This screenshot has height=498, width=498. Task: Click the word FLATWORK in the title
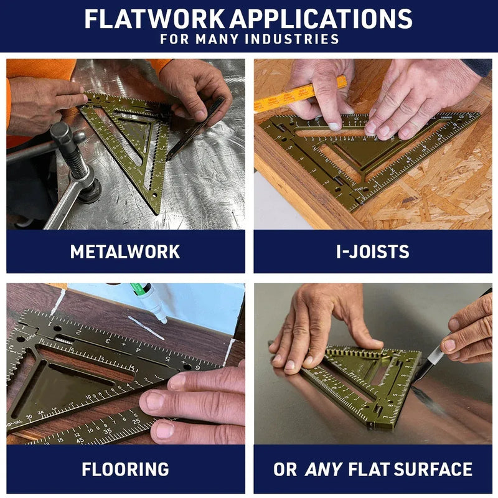tap(154, 19)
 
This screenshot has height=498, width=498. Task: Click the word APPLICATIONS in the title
tap(321, 19)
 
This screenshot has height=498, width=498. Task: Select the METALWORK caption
tap(125, 251)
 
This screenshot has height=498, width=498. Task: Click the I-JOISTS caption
tap(372, 251)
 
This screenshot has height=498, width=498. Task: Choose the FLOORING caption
tap(125, 469)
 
